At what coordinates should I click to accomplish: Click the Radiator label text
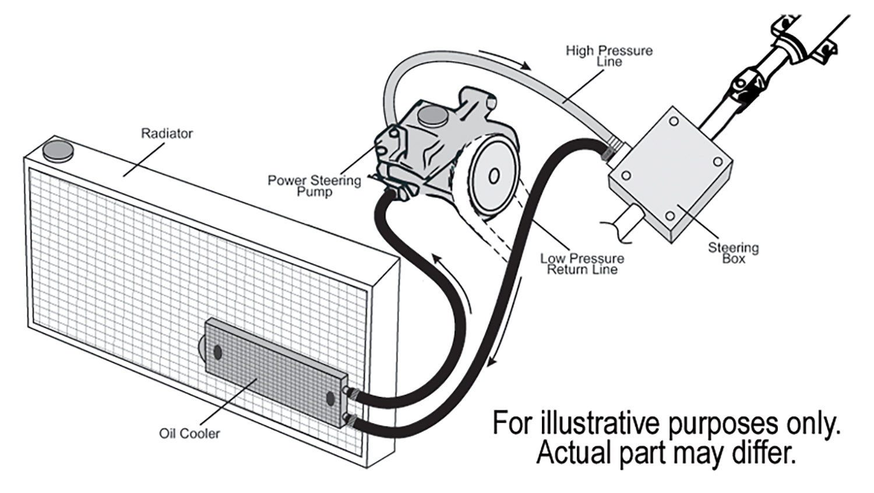(x=167, y=133)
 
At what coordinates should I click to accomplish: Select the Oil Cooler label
(x=189, y=434)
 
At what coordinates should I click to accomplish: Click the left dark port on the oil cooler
(x=218, y=352)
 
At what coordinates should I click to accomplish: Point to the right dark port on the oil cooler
(x=330, y=399)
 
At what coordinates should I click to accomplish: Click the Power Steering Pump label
(x=314, y=186)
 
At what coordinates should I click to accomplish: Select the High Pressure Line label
(x=609, y=56)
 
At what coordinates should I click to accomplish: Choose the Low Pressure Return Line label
(x=582, y=264)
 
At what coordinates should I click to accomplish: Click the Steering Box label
(x=733, y=253)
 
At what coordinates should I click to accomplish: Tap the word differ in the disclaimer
(x=767, y=452)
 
